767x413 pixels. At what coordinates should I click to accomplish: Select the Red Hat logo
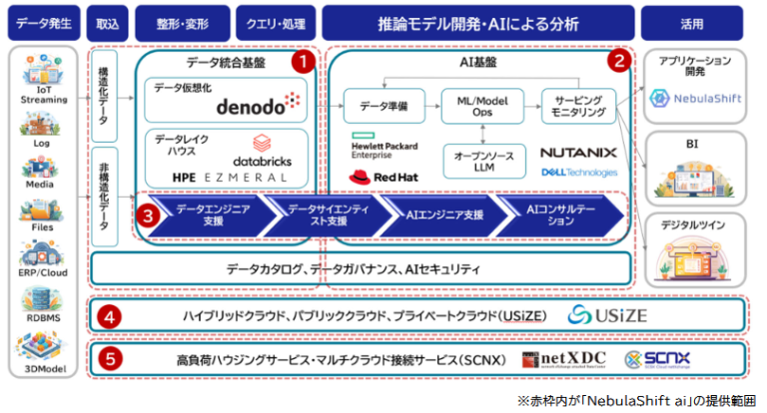tap(375, 177)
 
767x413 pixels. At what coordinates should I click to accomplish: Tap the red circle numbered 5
tap(111, 357)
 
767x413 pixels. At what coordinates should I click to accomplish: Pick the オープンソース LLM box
tap(481, 161)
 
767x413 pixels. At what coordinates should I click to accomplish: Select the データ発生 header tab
tap(44, 21)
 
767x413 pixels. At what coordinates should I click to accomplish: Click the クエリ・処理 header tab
tap(276, 21)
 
